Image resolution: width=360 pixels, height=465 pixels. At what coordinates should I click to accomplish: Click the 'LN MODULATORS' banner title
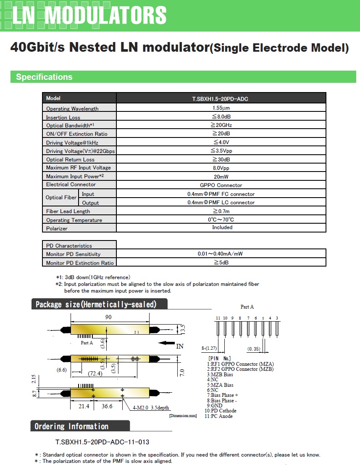coord(89,16)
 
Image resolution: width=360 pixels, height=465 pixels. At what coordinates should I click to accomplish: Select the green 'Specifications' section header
coord(44,77)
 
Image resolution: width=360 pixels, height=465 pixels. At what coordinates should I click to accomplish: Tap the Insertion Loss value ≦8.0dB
coord(221,116)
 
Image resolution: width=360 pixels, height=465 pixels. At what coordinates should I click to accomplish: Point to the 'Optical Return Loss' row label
coord(70,160)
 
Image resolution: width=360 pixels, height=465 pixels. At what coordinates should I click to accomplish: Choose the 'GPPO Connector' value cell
coord(221,185)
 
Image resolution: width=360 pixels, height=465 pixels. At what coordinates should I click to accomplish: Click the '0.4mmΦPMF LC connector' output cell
coord(221,203)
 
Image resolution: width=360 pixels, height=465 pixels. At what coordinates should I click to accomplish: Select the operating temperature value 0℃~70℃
coord(221,220)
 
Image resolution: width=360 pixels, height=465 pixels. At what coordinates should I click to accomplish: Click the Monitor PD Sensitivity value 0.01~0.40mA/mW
coord(221,254)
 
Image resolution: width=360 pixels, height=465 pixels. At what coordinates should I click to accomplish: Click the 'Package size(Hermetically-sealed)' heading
coord(96,304)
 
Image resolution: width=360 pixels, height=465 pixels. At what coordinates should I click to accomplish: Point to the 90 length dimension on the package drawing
coord(108,317)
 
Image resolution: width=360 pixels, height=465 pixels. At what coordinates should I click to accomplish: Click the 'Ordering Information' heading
coord(71,426)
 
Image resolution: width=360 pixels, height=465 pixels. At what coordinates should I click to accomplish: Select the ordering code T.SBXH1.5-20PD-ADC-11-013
coord(102,442)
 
